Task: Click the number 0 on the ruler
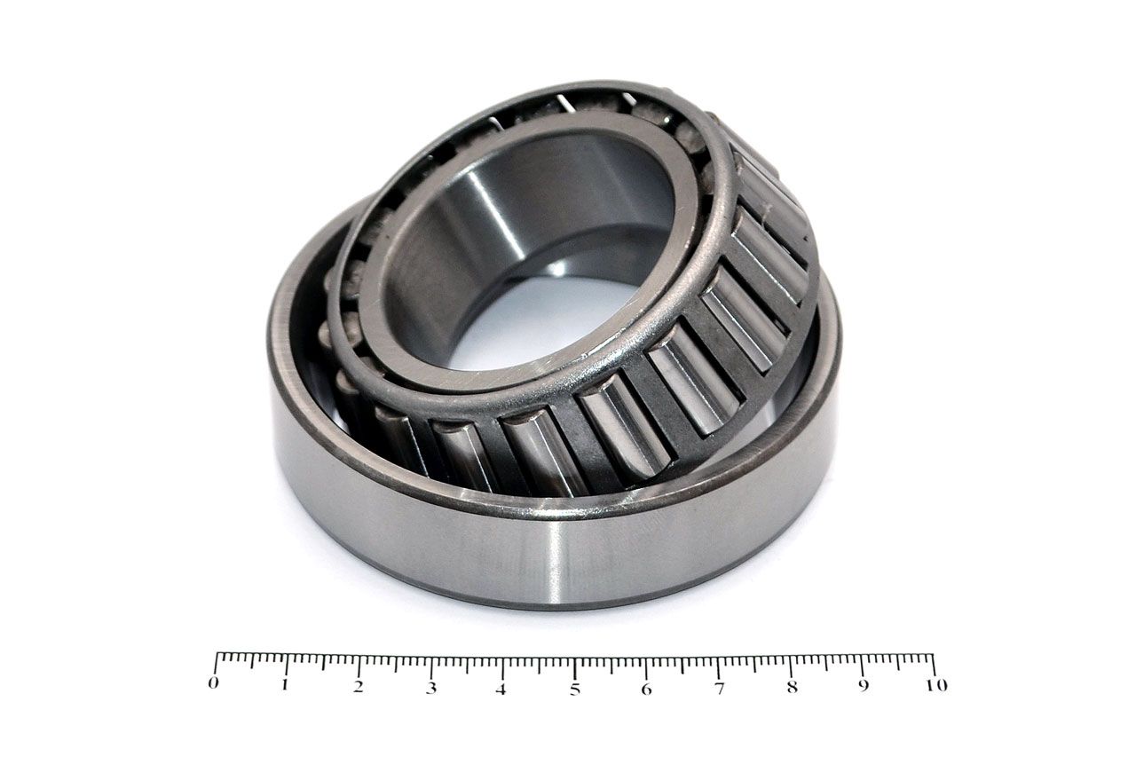click(x=214, y=683)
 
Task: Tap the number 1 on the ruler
click(x=286, y=684)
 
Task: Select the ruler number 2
click(x=359, y=687)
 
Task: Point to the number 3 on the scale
click(x=431, y=688)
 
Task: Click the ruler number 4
click(x=501, y=689)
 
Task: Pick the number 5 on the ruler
click(x=574, y=690)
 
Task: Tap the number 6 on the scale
click(x=646, y=689)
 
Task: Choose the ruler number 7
click(x=719, y=689)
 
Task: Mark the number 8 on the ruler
click(x=793, y=687)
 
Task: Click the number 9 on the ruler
click(x=864, y=685)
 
